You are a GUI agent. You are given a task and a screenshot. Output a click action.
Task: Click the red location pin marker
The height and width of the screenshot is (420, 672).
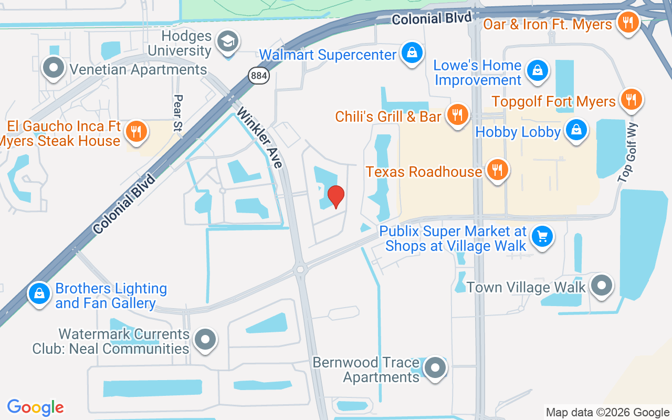click(x=336, y=196)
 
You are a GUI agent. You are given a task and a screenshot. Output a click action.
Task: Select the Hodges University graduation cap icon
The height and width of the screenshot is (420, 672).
click(x=228, y=42)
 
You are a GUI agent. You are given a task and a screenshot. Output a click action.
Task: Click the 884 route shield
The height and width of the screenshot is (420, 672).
click(x=259, y=76)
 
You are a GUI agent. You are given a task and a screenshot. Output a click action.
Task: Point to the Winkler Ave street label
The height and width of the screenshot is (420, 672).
click(x=259, y=138)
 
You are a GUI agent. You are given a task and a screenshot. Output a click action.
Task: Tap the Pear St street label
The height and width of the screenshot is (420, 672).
click(x=178, y=112)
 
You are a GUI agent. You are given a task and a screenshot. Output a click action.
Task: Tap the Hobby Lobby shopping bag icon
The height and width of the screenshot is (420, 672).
click(x=576, y=130)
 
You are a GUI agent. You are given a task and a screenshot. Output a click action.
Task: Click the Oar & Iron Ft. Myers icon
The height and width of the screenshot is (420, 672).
click(x=627, y=23)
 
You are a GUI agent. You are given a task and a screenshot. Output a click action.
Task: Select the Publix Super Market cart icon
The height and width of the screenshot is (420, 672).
click(x=542, y=237)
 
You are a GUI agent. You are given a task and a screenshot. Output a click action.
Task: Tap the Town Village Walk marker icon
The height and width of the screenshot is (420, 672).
click(x=602, y=286)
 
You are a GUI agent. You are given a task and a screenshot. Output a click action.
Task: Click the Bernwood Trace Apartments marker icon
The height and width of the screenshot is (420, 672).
click(x=435, y=368)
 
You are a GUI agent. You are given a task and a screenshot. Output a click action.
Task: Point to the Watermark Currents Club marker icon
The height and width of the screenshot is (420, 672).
click(x=205, y=340)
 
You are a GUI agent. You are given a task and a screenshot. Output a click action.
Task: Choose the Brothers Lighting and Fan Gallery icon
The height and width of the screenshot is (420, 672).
click(x=39, y=295)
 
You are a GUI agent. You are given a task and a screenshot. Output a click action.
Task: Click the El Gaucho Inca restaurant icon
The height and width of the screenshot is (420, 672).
click(x=136, y=132)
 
